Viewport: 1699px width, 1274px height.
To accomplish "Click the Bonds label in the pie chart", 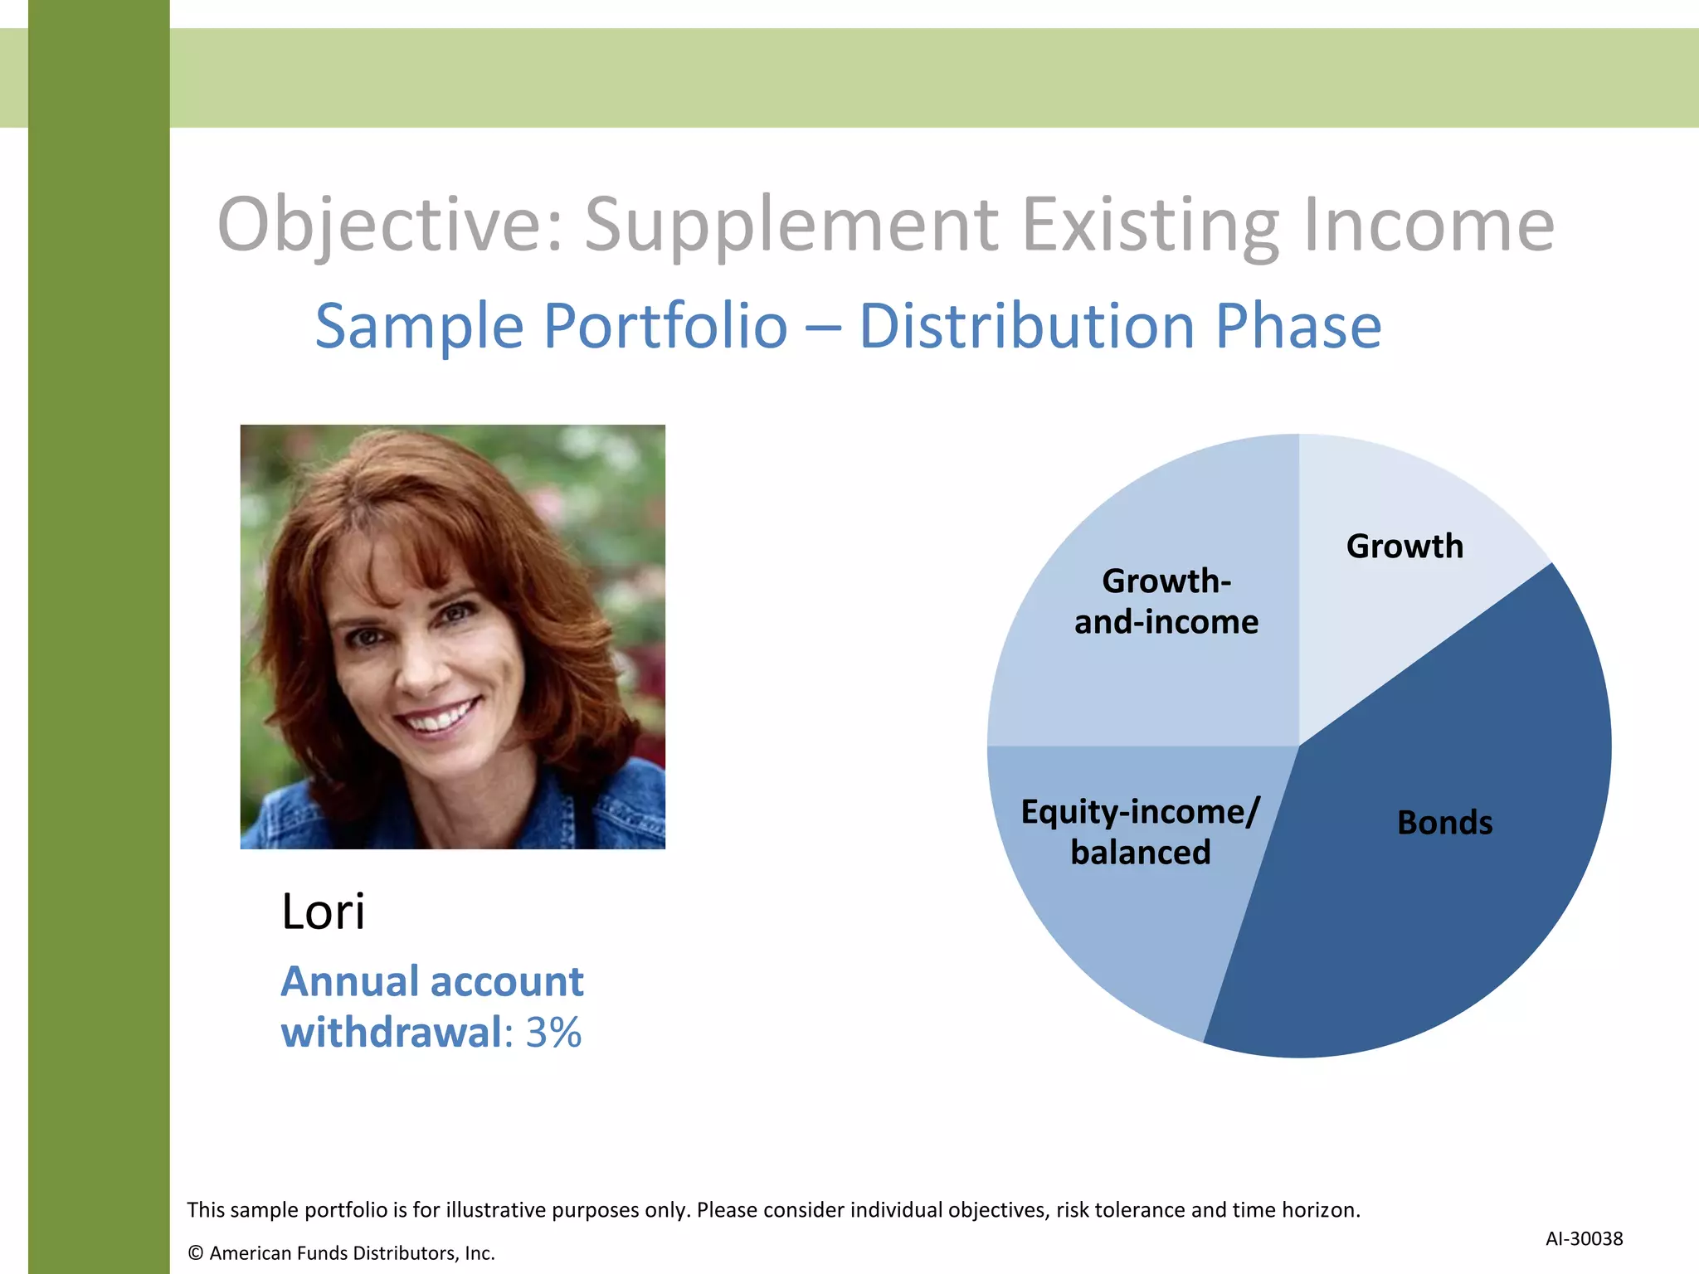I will click(x=1444, y=823).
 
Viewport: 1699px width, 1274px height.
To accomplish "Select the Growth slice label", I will click(x=1404, y=547).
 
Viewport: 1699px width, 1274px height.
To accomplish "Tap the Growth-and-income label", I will click(x=1166, y=601).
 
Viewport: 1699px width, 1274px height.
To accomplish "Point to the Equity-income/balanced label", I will click(x=1141, y=832).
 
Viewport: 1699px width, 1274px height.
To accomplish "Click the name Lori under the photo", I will click(x=323, y=912).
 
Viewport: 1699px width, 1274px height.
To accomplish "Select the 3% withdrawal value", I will click(x=553, y=1033).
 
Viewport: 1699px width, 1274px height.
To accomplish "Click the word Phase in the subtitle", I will click(x=1298, y=326).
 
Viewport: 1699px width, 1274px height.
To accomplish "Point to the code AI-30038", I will click(x=1584, y=1238).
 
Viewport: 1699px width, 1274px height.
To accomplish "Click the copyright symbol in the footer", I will click(x=196, y=1253).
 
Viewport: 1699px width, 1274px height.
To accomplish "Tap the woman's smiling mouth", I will click(x=438, y=716).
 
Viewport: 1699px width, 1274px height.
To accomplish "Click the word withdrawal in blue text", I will click(x=391, y=1033).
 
